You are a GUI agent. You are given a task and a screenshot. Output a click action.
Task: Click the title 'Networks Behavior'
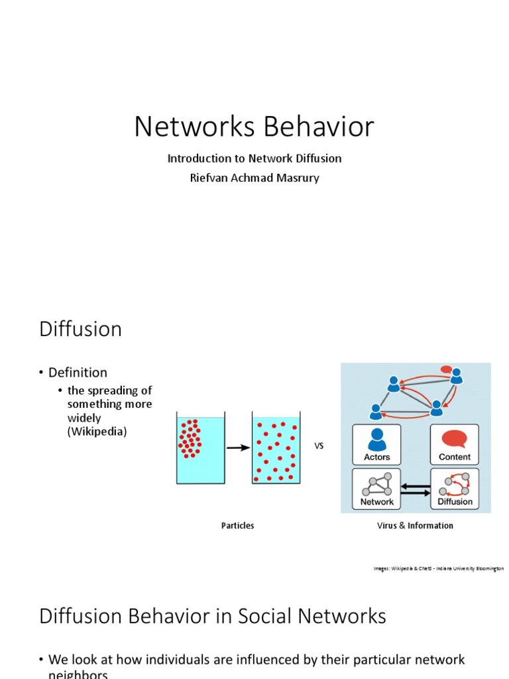[254, 127]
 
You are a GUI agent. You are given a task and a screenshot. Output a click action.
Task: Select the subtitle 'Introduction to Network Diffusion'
[254, 158]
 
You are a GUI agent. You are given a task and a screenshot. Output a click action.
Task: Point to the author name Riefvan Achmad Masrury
[254, 178]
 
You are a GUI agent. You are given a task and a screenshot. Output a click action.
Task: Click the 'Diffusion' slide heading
[80, 329]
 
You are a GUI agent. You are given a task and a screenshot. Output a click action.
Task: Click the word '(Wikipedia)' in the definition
[97, 432]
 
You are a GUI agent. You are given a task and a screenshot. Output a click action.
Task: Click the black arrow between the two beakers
[237, 448]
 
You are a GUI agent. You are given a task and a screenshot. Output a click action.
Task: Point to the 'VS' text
[319, 446]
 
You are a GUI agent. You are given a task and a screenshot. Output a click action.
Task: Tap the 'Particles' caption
[237, 526]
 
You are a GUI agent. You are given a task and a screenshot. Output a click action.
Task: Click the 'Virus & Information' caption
[415, 526]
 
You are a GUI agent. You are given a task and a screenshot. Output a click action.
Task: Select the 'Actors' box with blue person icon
[376, 444]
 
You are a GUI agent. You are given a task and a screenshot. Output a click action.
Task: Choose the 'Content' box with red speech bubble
[455, 444]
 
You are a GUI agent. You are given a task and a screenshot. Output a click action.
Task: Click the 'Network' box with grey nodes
[376, 489]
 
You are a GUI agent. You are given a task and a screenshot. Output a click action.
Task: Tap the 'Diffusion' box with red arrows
[455, 489]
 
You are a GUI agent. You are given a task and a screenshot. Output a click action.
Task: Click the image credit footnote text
[438, 568]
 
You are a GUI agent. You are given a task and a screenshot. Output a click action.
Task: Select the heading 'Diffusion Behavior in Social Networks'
[213, 616]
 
